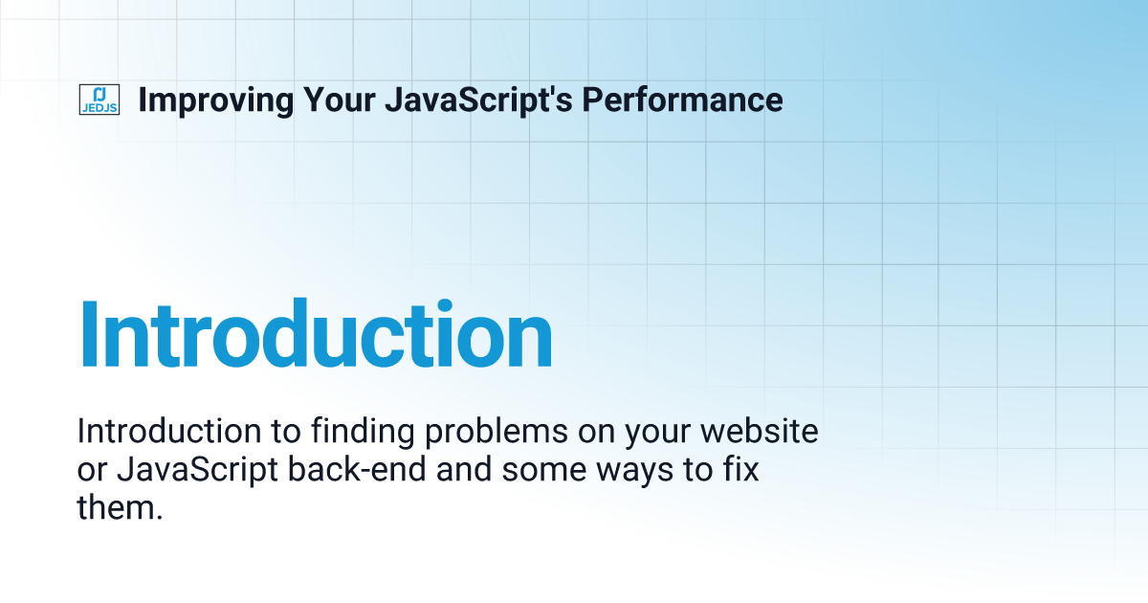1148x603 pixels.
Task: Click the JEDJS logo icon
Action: tap(99, 100)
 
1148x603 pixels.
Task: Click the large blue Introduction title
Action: tap(316, 335)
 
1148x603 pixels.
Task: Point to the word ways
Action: tap(640, 470)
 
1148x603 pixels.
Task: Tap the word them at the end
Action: tap(115, 508)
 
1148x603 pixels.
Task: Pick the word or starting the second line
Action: tap(90, 470)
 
